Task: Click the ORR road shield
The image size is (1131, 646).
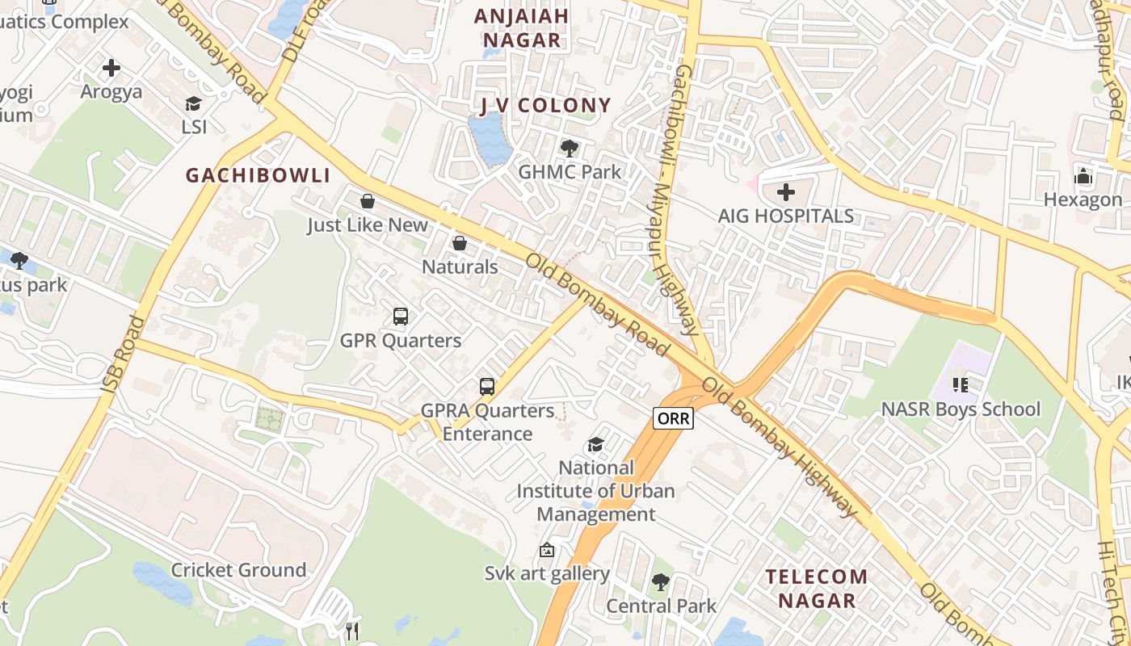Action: [x=673, y=418]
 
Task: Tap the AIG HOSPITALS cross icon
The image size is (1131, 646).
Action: [x=785, y=192]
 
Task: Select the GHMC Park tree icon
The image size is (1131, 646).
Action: [x=570, y=148]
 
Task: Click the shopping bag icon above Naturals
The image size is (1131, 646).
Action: [x=460, y=243]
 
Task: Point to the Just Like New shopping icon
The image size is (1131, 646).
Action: [x=368, y=201]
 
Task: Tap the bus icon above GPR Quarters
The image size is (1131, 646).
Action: [x=401, y=317]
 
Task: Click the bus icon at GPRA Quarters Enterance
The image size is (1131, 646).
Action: [x=487, y=387]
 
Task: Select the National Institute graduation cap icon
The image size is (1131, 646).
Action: [x=595, y=445]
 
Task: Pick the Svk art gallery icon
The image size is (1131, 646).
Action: [x=547, y=551]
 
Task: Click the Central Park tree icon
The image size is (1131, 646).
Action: [x=661, y=581]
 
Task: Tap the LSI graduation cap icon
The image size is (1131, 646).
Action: [x=193, y=103]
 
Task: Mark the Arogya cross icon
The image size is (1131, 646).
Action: [x=111, y=68]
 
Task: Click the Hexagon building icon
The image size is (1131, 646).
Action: [x=1083, y=176]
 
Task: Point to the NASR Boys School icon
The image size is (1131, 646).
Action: [x=960, y=385]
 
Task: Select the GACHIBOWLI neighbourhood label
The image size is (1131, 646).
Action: [x=259, y=175]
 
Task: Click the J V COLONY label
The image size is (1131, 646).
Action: [x=545, y=105]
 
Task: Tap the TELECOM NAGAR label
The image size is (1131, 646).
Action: [x=817, y=589]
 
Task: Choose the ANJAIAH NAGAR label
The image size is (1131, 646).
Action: [x=521, y=27]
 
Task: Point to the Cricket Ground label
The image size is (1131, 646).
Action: [x=238, y=570]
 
